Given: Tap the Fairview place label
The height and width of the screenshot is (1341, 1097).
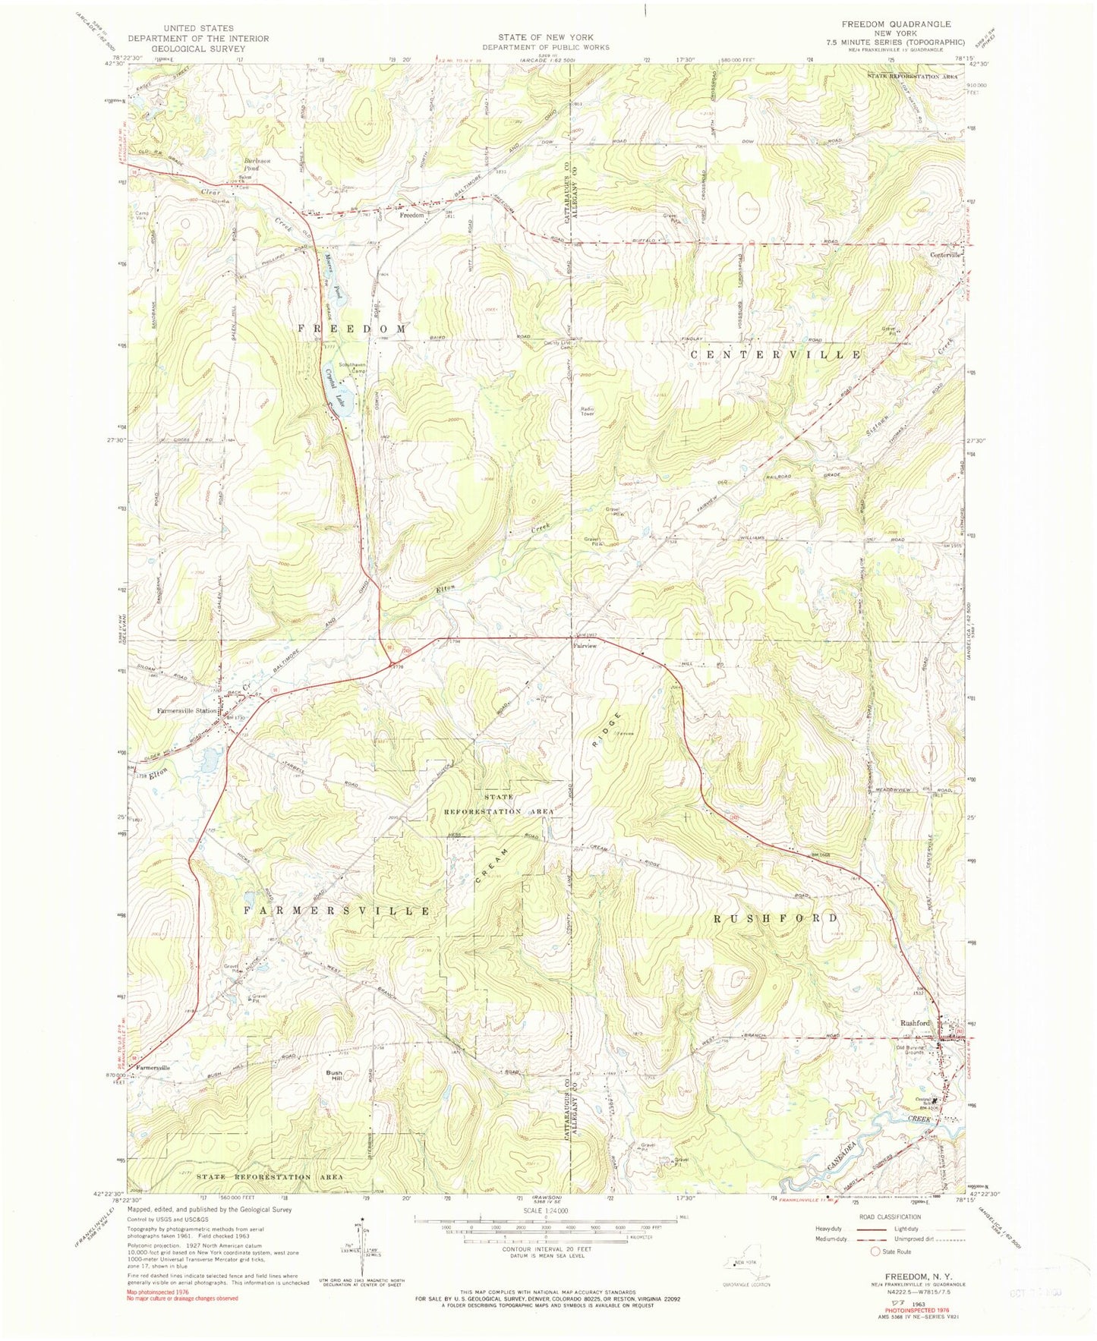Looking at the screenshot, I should [584, 645].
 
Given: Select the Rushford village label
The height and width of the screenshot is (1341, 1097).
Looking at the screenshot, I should [915, 1022].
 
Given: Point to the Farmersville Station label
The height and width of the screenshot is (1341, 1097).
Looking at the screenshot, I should [187, 711].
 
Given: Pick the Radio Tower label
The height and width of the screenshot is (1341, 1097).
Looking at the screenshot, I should [588, 411].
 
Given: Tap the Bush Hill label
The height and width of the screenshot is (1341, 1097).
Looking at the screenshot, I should [334, 1075].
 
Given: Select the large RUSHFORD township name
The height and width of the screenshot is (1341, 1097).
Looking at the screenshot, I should [776, 918].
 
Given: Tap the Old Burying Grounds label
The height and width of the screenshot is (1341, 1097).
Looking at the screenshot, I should [913, 1053].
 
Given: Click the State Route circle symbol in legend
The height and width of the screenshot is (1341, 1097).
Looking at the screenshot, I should [875, 1251].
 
